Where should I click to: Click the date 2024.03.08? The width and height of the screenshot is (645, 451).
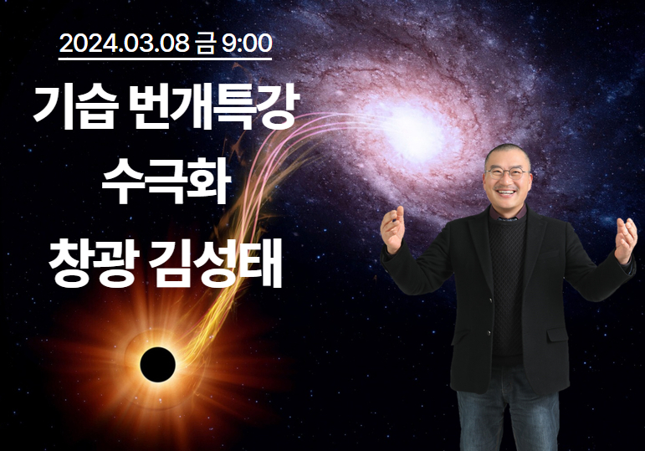tap(124, 44)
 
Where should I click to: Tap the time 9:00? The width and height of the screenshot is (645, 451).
tap(247, 44)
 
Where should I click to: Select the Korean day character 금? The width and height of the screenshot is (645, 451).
tap(205, 44)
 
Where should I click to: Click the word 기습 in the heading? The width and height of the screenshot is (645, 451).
tap(74, 107)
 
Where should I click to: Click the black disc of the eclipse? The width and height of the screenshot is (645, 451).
tap(157, 365)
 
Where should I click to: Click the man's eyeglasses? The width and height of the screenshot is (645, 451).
tap(507, 172)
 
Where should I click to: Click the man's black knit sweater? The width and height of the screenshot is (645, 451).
tap(508, 288)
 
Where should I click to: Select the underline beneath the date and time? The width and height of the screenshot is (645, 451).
tap(166, 59)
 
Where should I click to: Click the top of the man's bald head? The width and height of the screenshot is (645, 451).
tap(507, 146)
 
